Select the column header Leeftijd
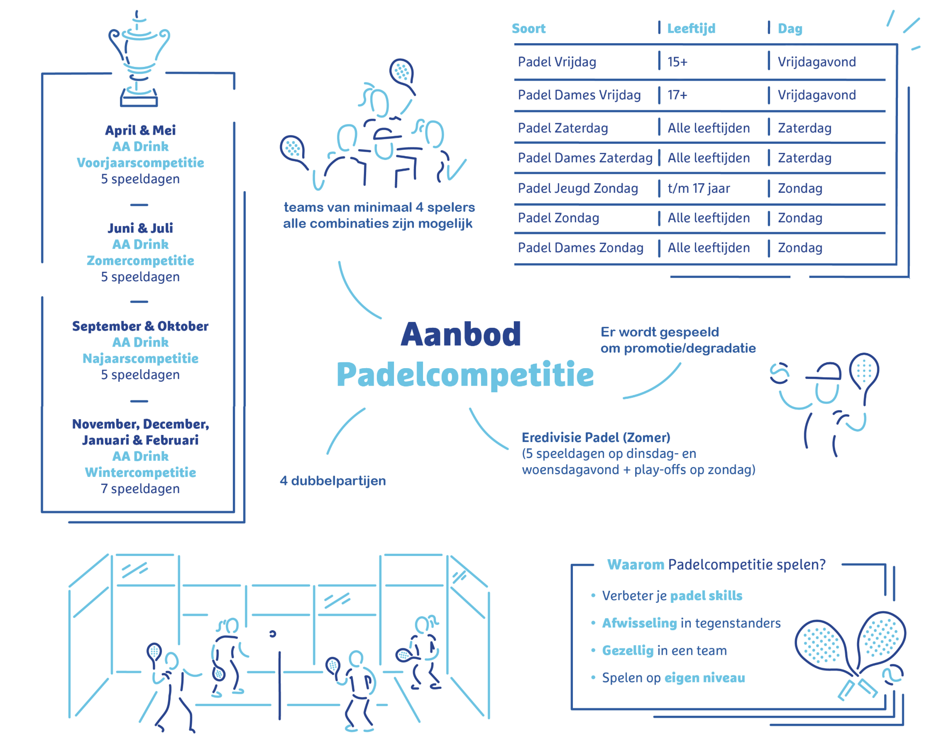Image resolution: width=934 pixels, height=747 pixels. [x=691, y=29]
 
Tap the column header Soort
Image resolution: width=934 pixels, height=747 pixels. [x=528, y=29]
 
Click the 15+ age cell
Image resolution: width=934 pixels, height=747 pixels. [x=677, y=62]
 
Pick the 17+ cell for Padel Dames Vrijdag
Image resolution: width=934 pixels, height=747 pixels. [x=677, y=95]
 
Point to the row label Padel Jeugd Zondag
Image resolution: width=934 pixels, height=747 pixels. [x=578, y=189]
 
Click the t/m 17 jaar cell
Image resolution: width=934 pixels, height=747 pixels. [x=699, y=189]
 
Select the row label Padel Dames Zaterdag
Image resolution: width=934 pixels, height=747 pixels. [x=585, y=158]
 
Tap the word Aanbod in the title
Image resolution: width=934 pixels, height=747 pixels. [x=461, y=335]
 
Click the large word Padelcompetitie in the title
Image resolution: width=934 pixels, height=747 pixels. [x=465, y=376]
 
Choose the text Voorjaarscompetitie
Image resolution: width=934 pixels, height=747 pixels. [x=140, y=163]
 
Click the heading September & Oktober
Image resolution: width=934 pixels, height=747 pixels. [x=140, y=326]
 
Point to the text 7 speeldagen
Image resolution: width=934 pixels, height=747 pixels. [x=140, y=489]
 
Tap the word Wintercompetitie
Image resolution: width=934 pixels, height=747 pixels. [x=140, y=472]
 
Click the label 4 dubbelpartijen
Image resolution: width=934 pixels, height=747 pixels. [x=333, y=481]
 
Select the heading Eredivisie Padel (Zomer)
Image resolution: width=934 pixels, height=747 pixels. [x=596, y=438]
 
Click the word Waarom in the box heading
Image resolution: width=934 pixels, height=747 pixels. [x=636, y=565]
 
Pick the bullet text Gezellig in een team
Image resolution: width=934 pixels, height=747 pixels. [x=665, y=651]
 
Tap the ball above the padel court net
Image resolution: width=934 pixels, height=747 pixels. [x=272, y=634]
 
